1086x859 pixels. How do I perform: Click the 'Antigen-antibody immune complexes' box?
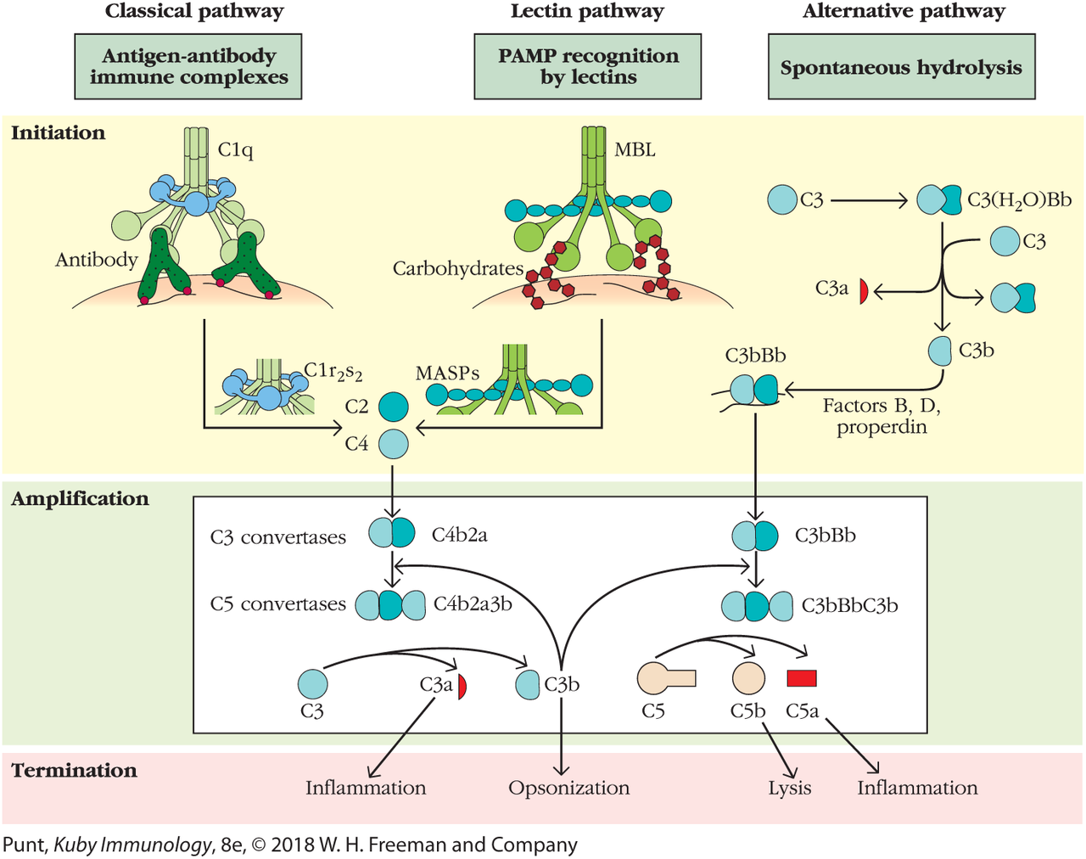[188, 66]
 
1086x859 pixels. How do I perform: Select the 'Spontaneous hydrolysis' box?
[901, 67]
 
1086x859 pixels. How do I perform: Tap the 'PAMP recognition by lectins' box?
[588, 66]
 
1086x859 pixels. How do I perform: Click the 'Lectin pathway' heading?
[587, 12]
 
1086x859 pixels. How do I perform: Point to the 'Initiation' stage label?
[59, 132]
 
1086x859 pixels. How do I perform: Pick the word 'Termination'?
[74, 770]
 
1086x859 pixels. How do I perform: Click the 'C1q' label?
[235, 150]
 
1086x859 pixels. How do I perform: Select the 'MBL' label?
[635, 150]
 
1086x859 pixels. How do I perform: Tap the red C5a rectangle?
[802, 677]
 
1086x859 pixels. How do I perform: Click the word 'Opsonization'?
[569, 788]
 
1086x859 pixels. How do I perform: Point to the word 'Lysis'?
[790, 788]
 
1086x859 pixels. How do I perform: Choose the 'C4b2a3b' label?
[473, 604]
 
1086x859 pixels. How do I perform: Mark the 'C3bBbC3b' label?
[849, 606]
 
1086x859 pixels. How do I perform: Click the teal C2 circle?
[393, 407]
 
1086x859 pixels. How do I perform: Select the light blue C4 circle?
[393, 443]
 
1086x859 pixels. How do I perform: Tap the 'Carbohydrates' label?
[457, 268]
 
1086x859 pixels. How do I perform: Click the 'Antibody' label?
[96, 260]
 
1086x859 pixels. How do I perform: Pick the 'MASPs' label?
[447, 373]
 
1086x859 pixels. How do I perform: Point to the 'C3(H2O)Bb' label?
[1019, 200]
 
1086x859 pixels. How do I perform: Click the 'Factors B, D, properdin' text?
[882, 416]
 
